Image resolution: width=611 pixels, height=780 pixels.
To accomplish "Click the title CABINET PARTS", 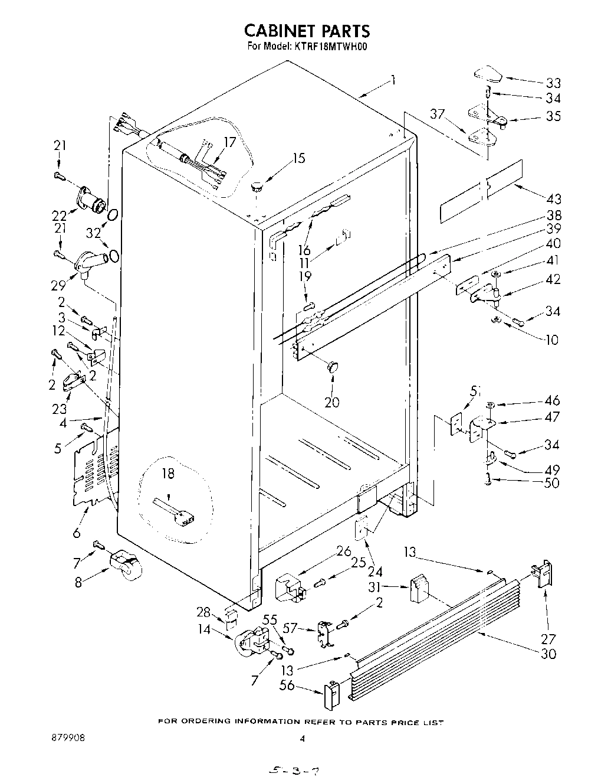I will [x=307, y=30].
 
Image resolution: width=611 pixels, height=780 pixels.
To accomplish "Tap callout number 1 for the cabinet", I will [x=393, y=81].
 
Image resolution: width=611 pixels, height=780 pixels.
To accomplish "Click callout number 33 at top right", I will [x=553, y=83].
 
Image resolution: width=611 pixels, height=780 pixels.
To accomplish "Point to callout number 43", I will [x=553, y=199].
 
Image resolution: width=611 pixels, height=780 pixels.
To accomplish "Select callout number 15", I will [x=299, y=158].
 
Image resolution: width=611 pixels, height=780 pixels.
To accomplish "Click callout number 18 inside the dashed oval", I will [x=168, y=474].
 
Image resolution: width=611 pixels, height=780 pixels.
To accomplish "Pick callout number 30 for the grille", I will [x=548, y=654].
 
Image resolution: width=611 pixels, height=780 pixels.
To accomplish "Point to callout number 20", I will [x=332, y=402].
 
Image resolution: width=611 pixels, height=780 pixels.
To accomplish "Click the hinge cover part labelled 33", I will [x=487, y=76].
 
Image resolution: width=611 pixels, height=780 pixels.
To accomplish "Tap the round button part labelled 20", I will [x=333, y=367].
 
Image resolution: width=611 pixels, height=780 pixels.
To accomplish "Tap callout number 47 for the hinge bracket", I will [x=552, y=417].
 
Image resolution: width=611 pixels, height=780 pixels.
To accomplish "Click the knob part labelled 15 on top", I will [x=257, y=187].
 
